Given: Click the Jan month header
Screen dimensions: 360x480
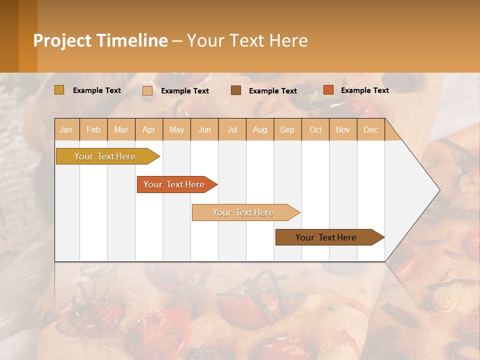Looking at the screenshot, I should [x=66, y=129].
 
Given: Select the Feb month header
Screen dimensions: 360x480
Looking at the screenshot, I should [x=93, y=129].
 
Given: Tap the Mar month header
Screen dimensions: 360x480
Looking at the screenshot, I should [x=121, y=129].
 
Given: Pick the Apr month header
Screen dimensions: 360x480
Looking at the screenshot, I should [x=149, y=129].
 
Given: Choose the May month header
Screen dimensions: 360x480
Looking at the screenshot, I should [x=176, y=129].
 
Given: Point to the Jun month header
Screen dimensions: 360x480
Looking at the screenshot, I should [x=204, y=129].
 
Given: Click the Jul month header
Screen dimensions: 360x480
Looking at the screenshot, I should [x=232, y=129].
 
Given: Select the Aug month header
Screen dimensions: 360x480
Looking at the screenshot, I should [x=260, y=129].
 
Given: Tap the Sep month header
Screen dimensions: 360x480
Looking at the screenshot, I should [x=287, y=129].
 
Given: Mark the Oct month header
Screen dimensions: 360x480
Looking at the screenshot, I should [x=315, y=129].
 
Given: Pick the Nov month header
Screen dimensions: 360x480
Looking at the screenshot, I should [x=343, y=129].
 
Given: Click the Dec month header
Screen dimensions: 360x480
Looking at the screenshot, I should [x=371, y=129].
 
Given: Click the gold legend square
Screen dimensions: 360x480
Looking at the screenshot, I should [x=59, y=90].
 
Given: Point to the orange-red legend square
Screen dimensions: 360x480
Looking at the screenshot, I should [x=328, y=90].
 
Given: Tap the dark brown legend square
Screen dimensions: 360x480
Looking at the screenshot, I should [x=236, y=90].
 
